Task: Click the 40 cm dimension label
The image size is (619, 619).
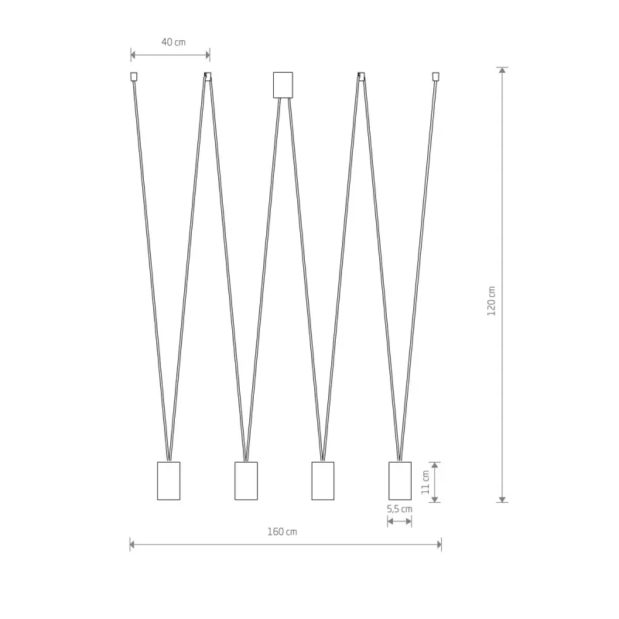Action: click(x=173, y=42)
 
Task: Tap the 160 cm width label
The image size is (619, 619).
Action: click(x=282, y=532)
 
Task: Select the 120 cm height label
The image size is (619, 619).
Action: click(x=491, y=301)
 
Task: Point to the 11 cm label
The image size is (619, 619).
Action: click(x=425, y=482)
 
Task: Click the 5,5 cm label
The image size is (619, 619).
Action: click(x=399, y=509)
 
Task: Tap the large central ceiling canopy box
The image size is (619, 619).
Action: click(x=283, y=85)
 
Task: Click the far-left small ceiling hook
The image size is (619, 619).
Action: click(x=134, y=76)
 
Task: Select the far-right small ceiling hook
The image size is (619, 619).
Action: click(x=436, y=76)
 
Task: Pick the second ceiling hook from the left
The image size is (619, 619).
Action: click(x=207, y=76)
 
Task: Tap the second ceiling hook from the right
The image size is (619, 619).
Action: click(x=361, y=76)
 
